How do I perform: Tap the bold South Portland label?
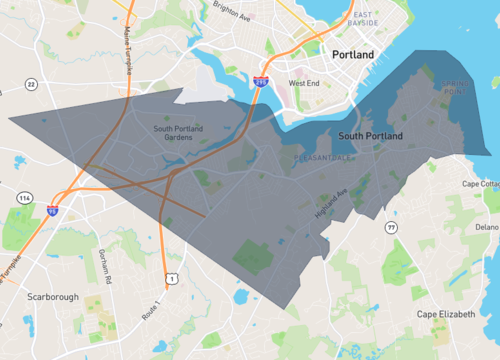pyautogui.click(x=370, y=135)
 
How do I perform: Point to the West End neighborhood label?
pyautogui.click(x=304, y=83)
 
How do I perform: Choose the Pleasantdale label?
pyautogui.click(x=319, y=157)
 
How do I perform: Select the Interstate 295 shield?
pyautogui.click(x=260, y=81)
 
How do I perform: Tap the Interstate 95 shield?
pyautogui.click(x=52, y=210)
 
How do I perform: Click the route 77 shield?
pyautogui.click(x=392, y=229)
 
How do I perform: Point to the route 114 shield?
pyautogui.click(x=24, y=198)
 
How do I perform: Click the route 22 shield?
pyautogui.click(x=30, y=85)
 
